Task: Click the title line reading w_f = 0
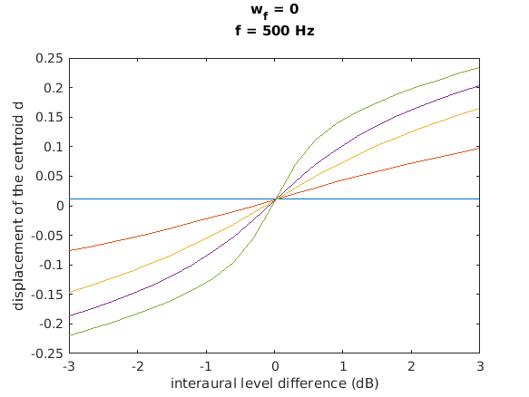tap(274, 10)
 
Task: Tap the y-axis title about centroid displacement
tap(18, 206)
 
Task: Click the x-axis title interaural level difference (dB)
tap(274, 383)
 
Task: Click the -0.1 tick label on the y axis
tap(51, 265)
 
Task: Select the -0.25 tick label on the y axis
tap(47, 353)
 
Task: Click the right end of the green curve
tap(479, 67)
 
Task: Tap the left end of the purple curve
tap(69, 315)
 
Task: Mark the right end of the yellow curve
tap(479, 109)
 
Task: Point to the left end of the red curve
tap(69, 250)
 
